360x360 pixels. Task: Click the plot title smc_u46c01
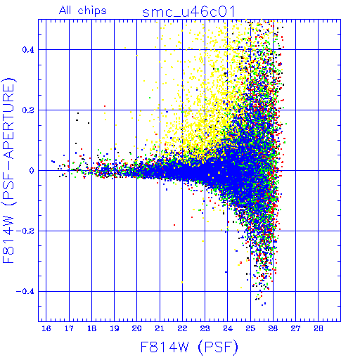pyautogui.click(x=188, y=12)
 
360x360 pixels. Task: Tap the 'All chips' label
pyautogui.click(x=83, y=11)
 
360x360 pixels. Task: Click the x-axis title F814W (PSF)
pyautogui.click(x=189, y=347)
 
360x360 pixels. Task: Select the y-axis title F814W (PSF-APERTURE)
pyautogui.click(x=9, y=171)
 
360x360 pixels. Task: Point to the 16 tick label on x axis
pyautogui.click(x=46, y=328)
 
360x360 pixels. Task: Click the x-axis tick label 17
pyautogui.click(x=69, y=328)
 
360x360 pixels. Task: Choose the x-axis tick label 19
pyautogui.click(x=115, y=328)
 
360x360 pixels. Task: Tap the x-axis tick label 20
pyautogui.click(x=137, y=328)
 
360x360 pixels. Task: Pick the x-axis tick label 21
pyautogui.click(x=160, y=328)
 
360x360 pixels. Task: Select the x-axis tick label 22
pyautogui.click(x=182, y=328)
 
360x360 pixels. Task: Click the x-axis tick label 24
pyautogui.click(x=228, y=328)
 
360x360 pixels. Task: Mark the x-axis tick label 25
pyautogui.click(x=250, y=328)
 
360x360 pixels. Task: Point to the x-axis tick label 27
pyautogui.click(x=295, y=328)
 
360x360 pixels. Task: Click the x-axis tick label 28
pyautogui.click(x=319, y=328)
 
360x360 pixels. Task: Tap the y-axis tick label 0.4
pyautogui.click(x=28, y=50)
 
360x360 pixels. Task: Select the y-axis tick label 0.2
pyautogui.click(x=28, y=110)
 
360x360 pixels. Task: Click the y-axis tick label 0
pyautogui.click(x=32, y=171)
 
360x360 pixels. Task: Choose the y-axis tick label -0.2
pyautogui.click(x=25, y=231)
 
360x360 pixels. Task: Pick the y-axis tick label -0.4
pyautogui.click(x=25, y=292)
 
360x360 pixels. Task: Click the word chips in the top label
pyautogui.click(x=92, y=11)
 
